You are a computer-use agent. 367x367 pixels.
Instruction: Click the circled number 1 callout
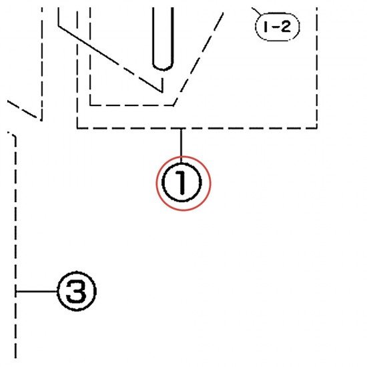181,183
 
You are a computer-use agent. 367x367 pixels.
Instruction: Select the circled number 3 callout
77,291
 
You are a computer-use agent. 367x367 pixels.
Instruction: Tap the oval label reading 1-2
278,27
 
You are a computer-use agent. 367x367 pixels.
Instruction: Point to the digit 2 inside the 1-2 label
285,27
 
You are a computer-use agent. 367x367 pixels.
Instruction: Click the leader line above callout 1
181,145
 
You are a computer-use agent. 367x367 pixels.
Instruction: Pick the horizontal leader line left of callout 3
36,292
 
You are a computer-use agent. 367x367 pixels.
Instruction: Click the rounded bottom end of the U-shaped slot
163,67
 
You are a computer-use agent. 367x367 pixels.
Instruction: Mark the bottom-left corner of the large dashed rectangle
77,128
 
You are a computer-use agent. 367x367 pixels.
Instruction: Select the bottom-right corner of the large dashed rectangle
317,128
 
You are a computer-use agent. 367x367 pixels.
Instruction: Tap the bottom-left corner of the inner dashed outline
90,105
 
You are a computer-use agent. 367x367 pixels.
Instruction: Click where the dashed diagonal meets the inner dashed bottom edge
173,105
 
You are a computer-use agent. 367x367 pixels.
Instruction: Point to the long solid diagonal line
110,59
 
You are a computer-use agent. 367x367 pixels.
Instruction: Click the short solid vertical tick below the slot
162,85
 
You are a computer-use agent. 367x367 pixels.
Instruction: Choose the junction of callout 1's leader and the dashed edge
181,128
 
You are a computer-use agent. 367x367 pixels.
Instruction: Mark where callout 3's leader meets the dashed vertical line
15,292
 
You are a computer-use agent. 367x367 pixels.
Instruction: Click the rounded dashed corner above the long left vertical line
13,135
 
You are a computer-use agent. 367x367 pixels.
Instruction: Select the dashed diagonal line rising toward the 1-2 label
198,59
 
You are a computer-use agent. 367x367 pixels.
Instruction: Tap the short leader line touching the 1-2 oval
257,11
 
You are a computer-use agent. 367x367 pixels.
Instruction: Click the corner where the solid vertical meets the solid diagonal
58,26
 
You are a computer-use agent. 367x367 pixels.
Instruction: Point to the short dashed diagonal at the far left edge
22,109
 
